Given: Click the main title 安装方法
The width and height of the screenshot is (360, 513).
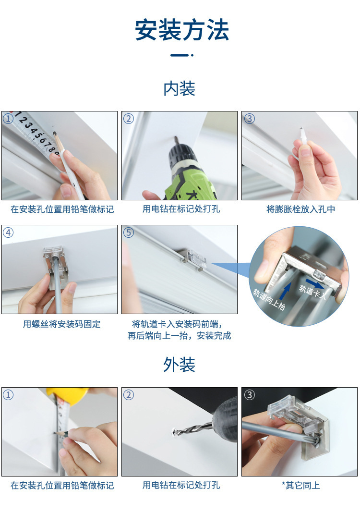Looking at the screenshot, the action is tap(182, 30).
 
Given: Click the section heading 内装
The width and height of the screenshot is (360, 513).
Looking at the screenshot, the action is tap(180, 89).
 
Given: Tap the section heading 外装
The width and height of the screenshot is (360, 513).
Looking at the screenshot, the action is tap(180, 365).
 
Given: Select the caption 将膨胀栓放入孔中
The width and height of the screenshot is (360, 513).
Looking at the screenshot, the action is tap(300, 209).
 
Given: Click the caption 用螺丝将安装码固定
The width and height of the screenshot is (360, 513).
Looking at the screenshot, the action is tap(61, 324).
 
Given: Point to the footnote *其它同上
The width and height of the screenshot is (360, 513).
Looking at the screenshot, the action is tap(300, 485).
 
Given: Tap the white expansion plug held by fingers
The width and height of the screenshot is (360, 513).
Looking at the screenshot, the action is tap(303, 137).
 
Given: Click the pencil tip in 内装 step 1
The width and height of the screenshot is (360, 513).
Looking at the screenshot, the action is tap(55, 134).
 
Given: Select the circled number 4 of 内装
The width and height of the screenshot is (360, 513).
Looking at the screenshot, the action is tap(8, 232).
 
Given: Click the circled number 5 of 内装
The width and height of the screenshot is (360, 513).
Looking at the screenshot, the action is tap(128, 232).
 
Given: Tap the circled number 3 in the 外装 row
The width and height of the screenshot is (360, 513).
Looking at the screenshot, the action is tap(249, 395).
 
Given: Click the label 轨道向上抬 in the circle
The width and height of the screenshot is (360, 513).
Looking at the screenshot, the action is tap(269, 299).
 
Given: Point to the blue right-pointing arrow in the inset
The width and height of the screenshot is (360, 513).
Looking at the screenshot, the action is tap(315, 283).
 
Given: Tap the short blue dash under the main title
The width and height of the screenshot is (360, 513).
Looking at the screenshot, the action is tap(180, 55).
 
